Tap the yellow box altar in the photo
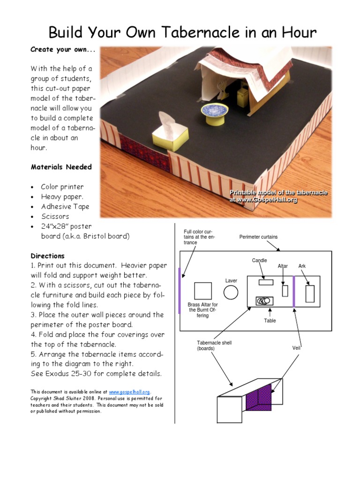170,138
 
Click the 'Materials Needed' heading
61,167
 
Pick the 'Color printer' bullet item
62,187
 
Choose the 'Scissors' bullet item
55,217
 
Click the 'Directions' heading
48,256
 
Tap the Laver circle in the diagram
231,292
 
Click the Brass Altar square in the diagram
202,291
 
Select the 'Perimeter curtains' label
258,237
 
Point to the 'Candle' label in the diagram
260,261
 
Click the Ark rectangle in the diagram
310,293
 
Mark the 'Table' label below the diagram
270,321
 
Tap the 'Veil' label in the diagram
296,348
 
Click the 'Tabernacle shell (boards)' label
214,345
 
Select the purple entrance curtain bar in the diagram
180,290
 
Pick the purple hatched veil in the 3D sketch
258,398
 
